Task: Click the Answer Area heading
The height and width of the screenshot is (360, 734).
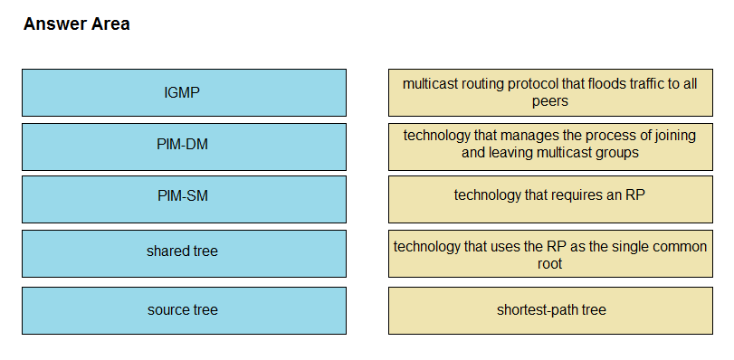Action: point(76,24)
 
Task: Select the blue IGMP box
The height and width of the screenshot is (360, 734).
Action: point(184,92)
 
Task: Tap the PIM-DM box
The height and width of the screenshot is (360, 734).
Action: point(184,147)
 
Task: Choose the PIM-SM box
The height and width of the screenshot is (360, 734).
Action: point(184,199)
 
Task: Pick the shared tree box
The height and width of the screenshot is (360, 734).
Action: point(184,254)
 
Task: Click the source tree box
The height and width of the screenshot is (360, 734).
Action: point(184,311)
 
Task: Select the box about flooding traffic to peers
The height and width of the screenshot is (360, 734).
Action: point(550,92)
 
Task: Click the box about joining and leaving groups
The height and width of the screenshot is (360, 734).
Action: point(550,147)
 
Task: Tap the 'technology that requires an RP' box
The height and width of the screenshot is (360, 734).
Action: point(550,199)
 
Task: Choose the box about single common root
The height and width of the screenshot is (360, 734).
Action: point(550,254)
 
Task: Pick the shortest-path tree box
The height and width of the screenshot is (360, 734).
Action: point(550,311)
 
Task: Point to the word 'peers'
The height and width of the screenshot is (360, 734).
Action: point(550,101)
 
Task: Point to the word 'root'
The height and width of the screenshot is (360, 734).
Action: point(549,263)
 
